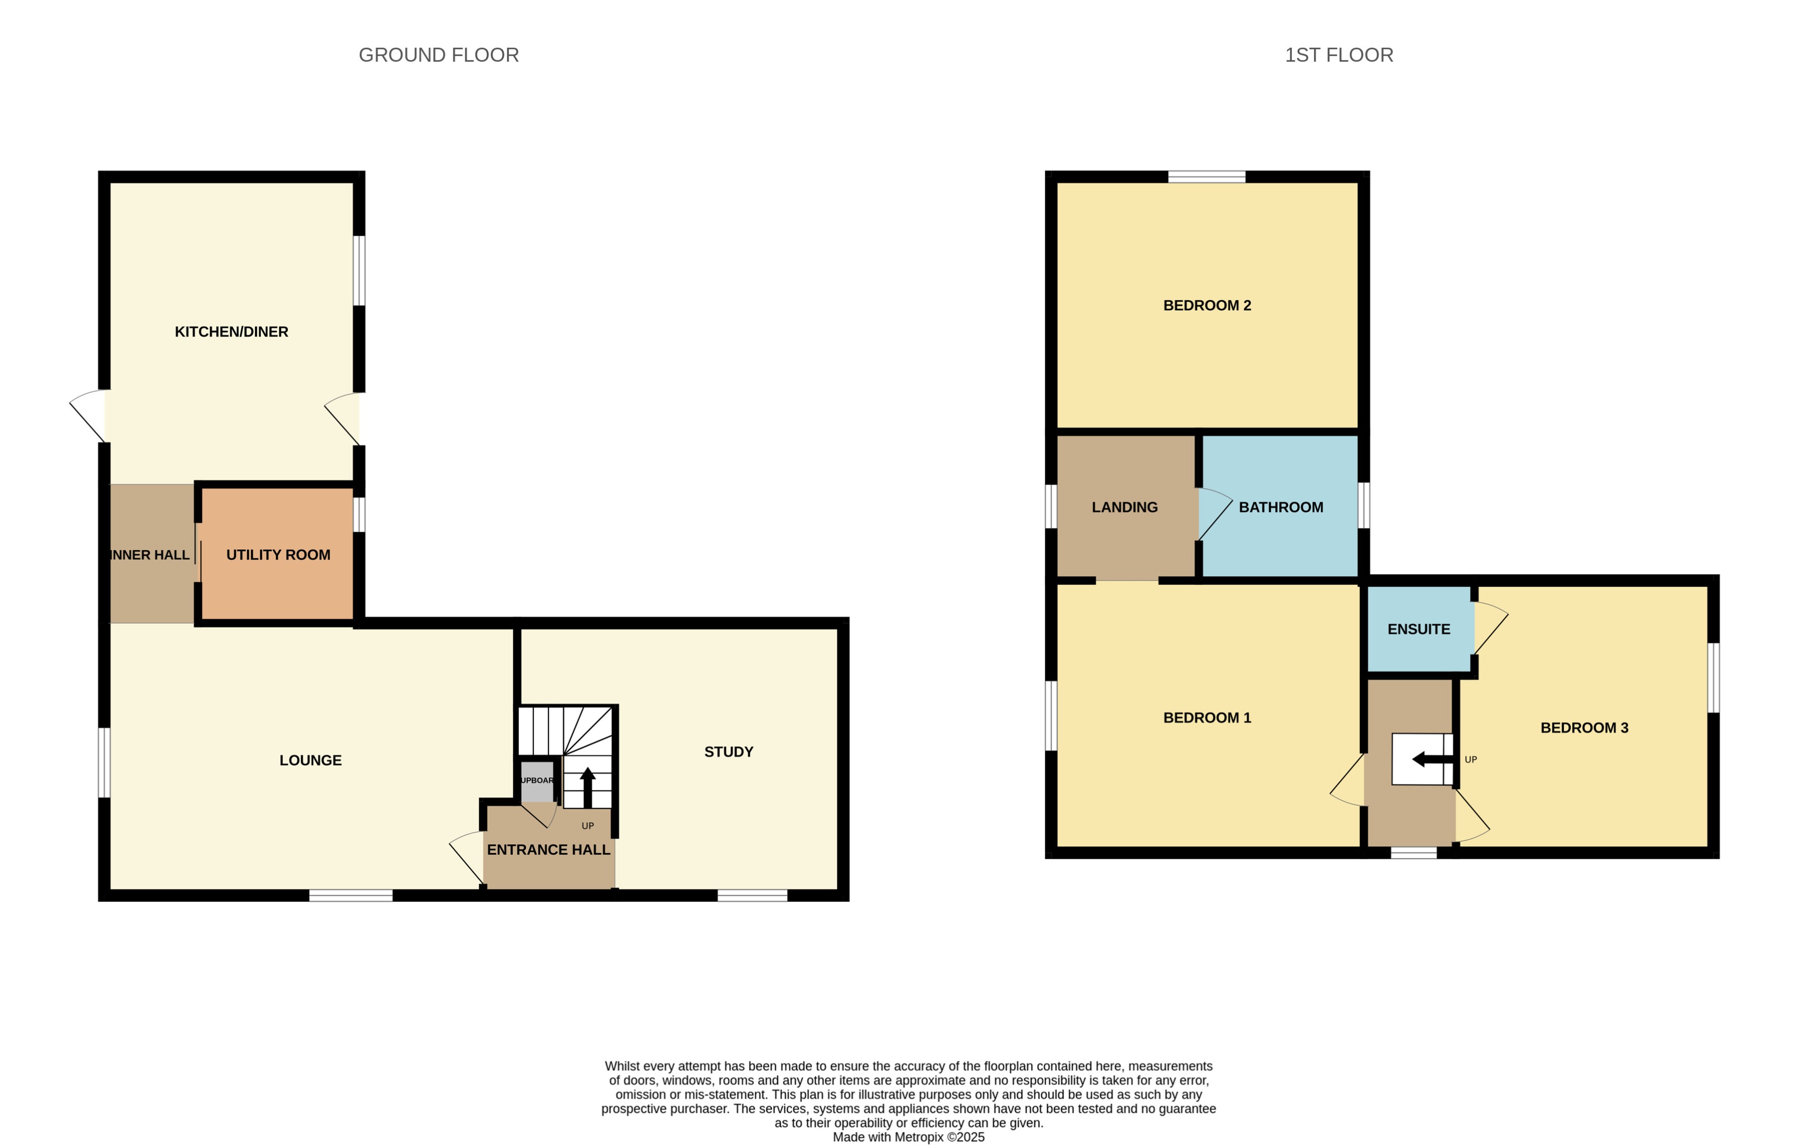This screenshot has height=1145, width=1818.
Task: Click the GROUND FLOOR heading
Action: [x=438, y=55]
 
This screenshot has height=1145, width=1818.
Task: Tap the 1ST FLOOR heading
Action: [x=1339, y=55]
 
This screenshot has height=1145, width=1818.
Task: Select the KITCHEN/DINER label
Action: [x=231, y=331]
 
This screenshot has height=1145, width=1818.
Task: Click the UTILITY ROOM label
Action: [x=278, y=554]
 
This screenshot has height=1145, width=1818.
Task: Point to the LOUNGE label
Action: [x=310, y=760]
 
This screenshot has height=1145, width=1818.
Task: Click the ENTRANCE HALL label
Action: [x=548, y=850]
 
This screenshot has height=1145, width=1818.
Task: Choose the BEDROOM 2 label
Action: [x=1207, y=305]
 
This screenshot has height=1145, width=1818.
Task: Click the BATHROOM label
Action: [x=1280, y=507]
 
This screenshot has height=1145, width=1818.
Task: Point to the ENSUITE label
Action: [x=1418, y=629]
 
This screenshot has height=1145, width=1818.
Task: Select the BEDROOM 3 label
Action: [x=1584, y=727]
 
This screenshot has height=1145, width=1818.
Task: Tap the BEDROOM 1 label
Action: [x=1207, y=717]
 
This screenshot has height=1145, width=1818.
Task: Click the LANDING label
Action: [x=1124, y=507]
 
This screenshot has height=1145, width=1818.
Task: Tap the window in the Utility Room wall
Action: [x=360, y=514]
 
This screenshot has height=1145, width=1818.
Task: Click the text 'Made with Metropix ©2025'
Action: [x=908, y=1137]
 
